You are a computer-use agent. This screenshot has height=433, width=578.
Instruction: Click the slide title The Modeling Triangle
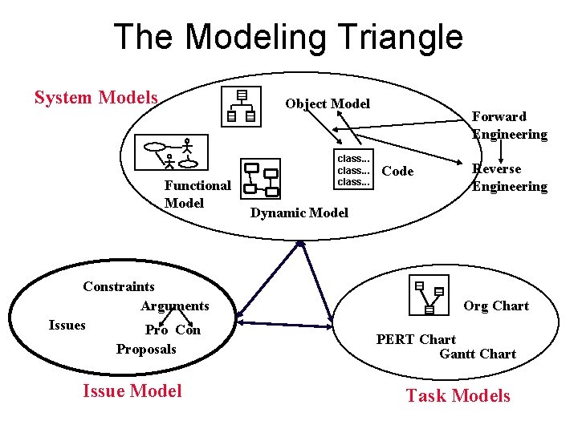tap(288, 37)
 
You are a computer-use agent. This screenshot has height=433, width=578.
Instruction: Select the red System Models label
tap(96, 98)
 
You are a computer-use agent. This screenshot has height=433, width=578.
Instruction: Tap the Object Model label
tap(328, 103)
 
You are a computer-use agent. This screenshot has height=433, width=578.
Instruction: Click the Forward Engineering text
tap(509, 125)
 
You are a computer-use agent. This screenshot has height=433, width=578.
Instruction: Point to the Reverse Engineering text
tap(509, 177)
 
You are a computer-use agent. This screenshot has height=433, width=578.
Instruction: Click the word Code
tap(397, 171)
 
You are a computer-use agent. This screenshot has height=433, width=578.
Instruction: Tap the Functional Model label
tap(197, 194)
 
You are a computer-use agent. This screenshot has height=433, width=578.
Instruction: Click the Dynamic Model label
tap(299, 212)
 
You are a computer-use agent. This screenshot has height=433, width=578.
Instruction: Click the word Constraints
tap(119, 286)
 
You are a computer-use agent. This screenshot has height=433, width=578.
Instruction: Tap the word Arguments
tap(174, 306)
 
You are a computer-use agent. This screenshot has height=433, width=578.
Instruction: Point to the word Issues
tap(67, 325)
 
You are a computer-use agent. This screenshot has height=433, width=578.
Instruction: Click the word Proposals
tap(146, 349)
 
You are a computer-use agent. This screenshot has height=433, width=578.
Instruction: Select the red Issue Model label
tap(132, 391)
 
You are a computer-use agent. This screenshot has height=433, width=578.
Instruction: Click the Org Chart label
tap(496, 306)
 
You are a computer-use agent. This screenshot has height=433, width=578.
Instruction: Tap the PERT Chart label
tap(416, 339)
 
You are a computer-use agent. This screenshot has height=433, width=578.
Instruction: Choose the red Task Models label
tap(458, 395)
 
